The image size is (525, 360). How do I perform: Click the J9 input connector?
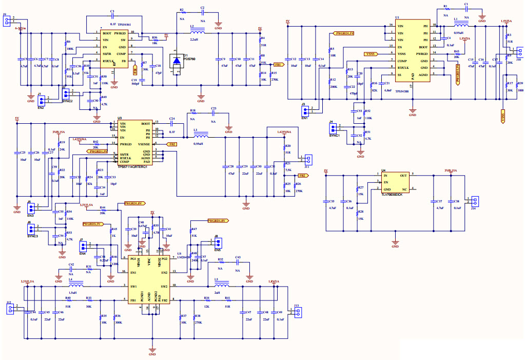click(x=7, y=21)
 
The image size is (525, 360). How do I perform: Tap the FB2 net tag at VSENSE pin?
click(x=172, y=145)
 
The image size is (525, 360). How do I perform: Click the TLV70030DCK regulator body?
click(x=394, y=182)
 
